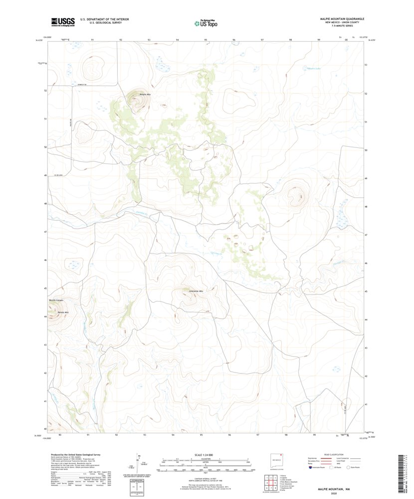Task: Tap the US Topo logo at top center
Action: [206, 22]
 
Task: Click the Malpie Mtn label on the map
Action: [145, 94]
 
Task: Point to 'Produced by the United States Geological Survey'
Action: [74, 455]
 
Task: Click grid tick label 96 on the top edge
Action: [233, 39]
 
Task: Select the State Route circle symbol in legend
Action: [356, 468]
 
